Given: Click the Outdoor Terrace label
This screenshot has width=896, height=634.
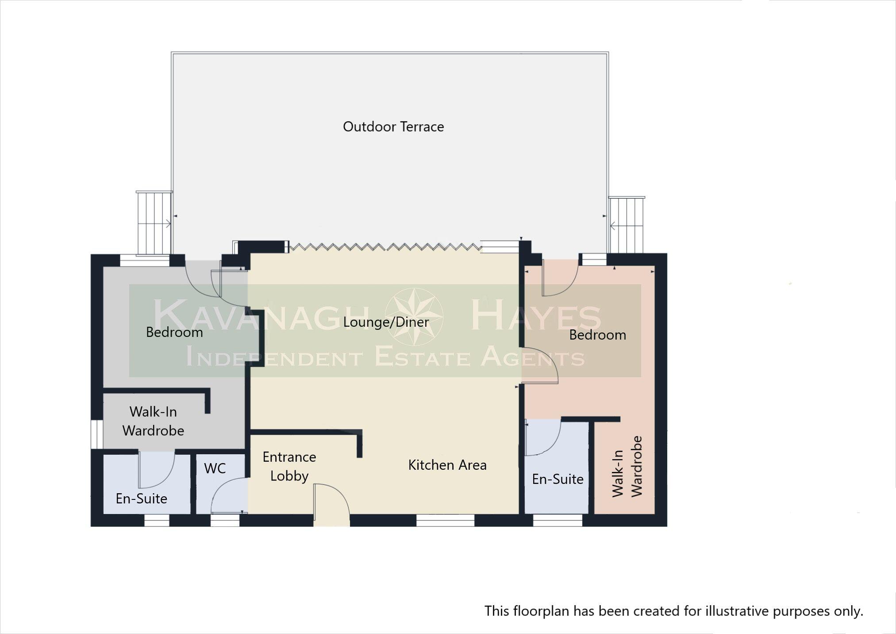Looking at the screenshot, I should (393, 127).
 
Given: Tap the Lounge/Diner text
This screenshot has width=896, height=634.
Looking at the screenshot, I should (386, 322).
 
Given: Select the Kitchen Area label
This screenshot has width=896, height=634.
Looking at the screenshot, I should (447, 465).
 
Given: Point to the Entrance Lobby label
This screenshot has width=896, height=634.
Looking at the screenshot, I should (289, 466).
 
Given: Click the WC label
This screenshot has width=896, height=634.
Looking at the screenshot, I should (215, 468).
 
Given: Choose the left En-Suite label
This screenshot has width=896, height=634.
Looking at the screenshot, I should (141, 499).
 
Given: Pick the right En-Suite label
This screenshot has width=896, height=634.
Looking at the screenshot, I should (558, 479).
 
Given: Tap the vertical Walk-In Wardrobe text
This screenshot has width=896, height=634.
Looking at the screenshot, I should (627, 467).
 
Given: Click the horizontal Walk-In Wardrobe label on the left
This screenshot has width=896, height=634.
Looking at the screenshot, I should (153, 421).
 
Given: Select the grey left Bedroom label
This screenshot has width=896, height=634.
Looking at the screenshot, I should (174, 332).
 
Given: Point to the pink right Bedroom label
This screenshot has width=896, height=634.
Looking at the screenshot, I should (597, 335).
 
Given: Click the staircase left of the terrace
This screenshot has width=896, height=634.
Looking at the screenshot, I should (154, 223).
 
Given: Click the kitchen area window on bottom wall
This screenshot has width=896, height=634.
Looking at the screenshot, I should (445, 520).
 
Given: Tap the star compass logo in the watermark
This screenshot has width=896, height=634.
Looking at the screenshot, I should (414, 317).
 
